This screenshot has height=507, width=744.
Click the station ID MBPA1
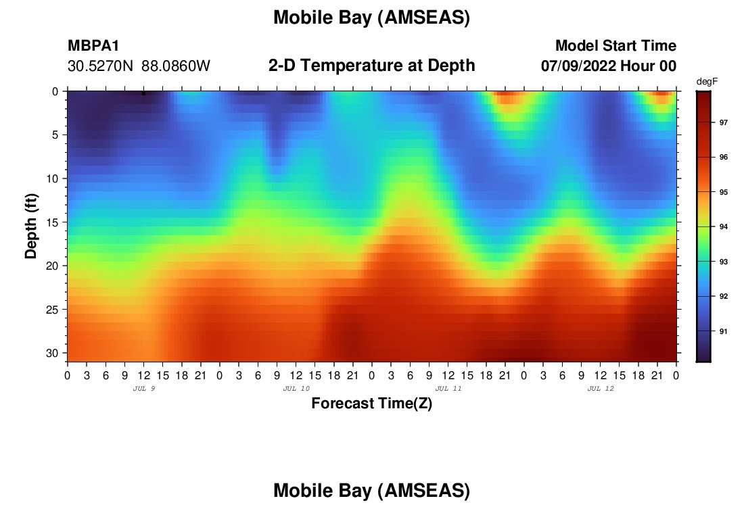click(93, 45)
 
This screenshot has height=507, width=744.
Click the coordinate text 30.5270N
click(100, 66)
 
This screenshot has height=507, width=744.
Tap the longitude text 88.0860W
click(176, 66)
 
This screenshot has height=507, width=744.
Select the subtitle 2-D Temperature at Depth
click(371, 66)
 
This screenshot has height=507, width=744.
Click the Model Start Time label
click(615, 45)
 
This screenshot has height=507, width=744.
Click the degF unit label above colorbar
click(707, 82)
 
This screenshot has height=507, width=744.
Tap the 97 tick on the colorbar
click(723, 122)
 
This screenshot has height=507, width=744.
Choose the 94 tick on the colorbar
click(723, 226)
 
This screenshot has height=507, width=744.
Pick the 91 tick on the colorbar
click(723, 331)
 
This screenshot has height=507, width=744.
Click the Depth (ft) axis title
click(31, 226)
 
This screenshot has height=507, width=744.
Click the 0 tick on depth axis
click(55, 91)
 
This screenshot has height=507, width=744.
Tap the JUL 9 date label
click(144, 389)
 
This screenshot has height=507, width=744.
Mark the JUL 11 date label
click(448, 389)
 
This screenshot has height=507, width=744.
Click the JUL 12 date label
click(601, 389)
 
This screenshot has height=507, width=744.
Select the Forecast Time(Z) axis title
click(371, 403)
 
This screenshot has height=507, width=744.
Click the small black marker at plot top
click(144, 93)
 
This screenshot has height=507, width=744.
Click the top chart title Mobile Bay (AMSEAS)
click(371, 18)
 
